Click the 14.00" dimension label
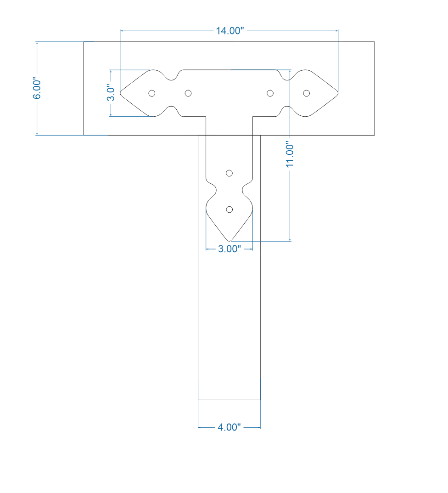[x=229, y=31]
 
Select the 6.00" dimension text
[x=37, y=89]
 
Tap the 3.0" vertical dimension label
[x=111, y=93]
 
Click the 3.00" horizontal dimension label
[x=229, y=249]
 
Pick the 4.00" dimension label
[x=229, y=427]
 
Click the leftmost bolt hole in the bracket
[x=152, y=93]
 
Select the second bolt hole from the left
[x=188, y=93]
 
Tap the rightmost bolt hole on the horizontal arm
[x=307, y=93]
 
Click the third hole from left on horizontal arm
[x=270, y=93]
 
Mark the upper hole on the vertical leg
[x=230, y=173]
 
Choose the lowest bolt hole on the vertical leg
[x=230, y=210]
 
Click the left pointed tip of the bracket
[x=121, y=93]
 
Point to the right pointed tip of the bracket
[x=338, y=93]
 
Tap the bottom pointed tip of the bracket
[x=230, y=240]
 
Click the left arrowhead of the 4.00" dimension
[x=200, y=427]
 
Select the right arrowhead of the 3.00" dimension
[x=251, y=249]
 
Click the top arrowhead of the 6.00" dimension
[x=37, y=43]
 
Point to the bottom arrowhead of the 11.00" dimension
[x=290, y=239]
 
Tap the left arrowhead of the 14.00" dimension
[x=122, y=31]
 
